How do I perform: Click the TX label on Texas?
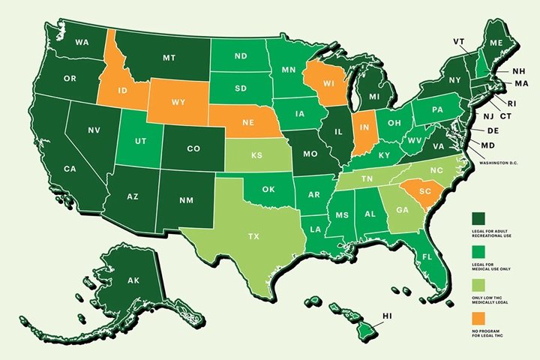pyautogui.click(x=254, y=235)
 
